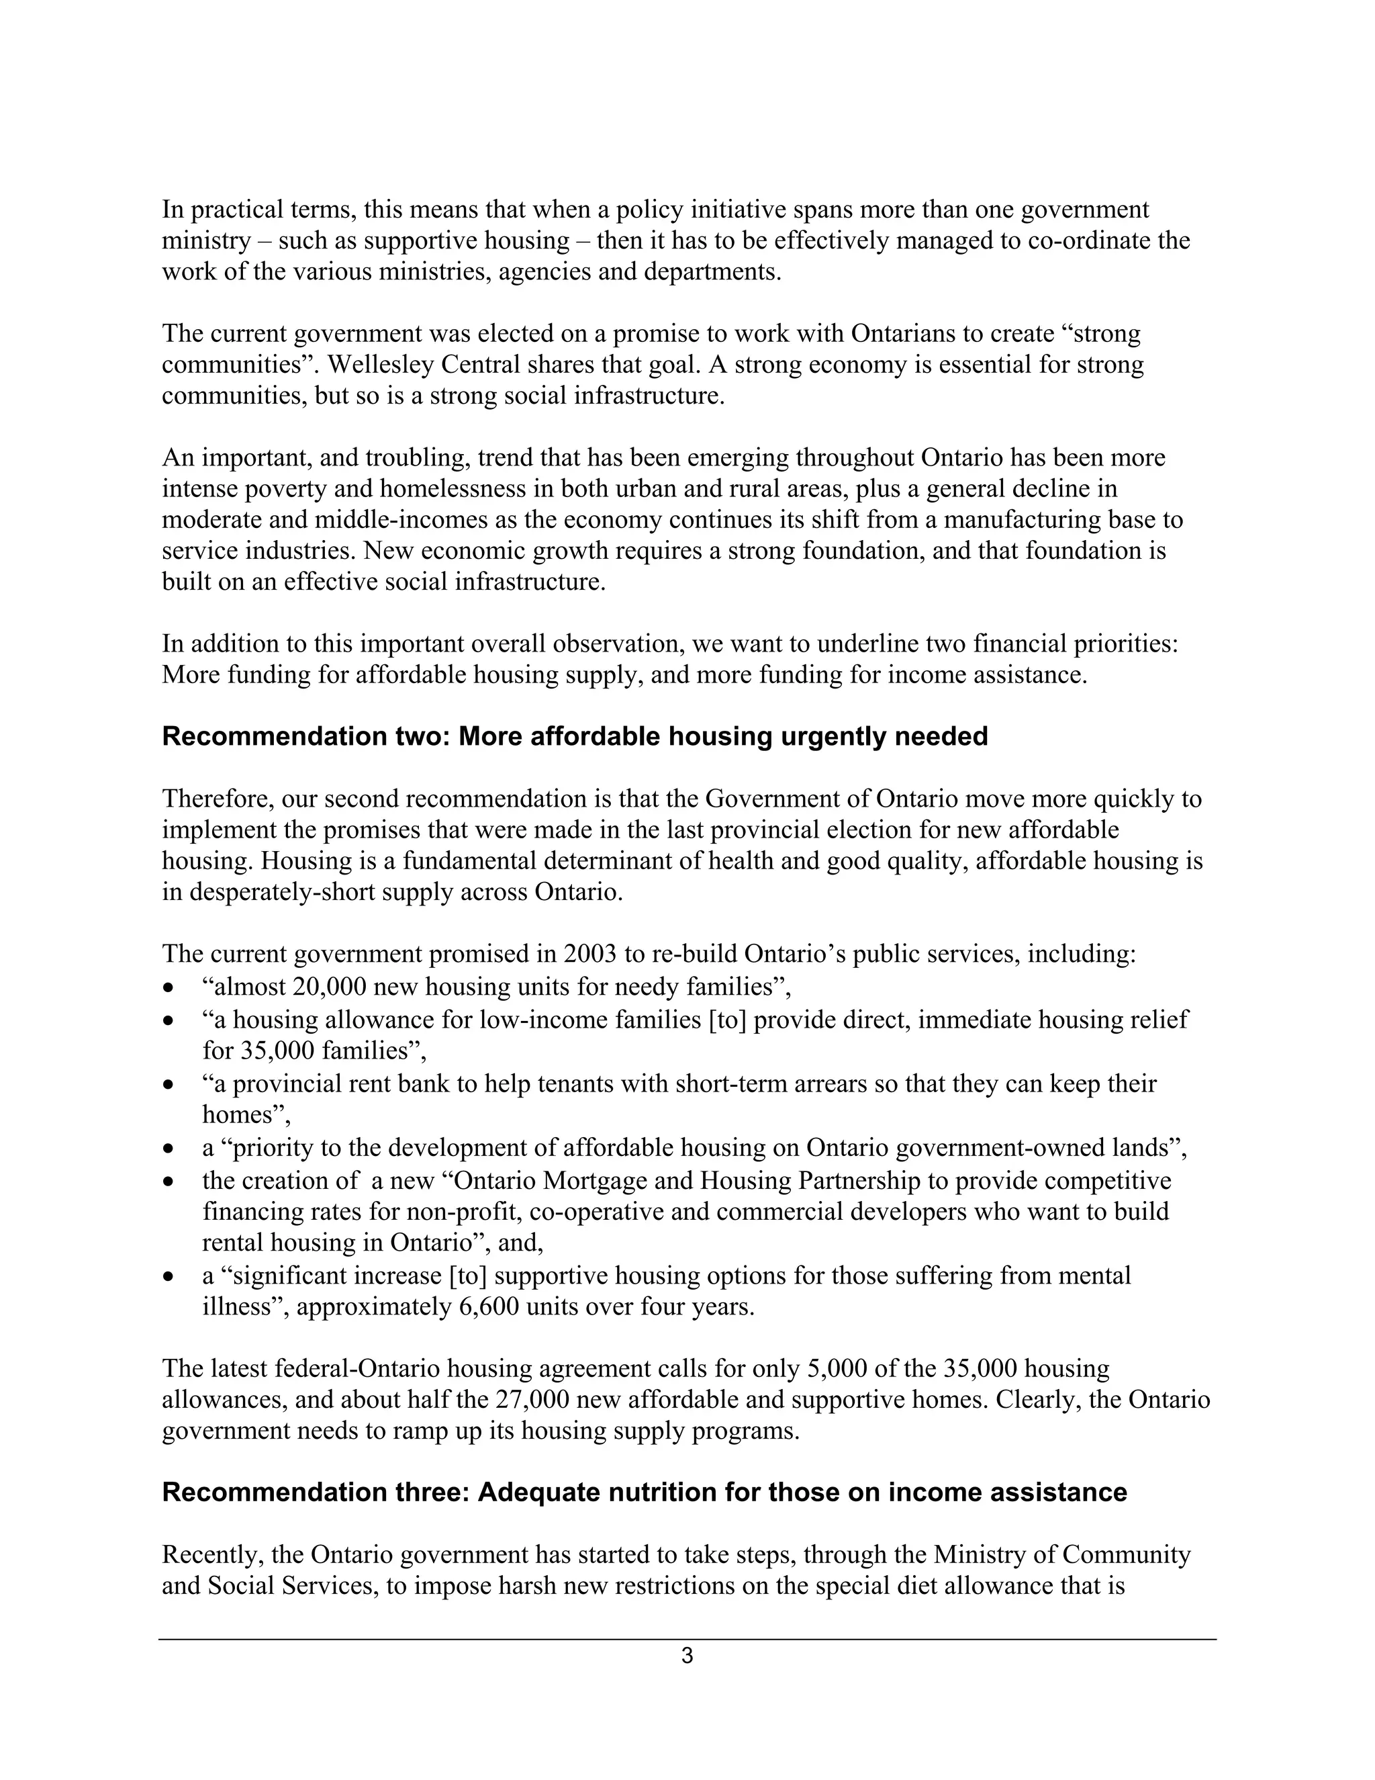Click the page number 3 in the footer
(687, 1655)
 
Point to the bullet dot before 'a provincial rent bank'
(169, 1085)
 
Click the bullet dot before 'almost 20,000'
(169, 988)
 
